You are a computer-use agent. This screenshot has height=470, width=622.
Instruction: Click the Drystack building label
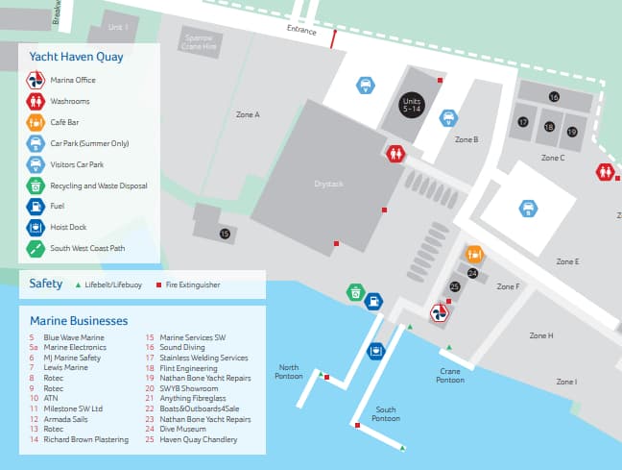point(328,183)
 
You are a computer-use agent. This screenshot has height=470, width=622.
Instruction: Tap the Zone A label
point(248,114)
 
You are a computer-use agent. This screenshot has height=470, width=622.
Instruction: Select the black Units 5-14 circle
point(412,106)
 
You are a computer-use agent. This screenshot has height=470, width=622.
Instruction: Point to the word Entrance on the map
point(301,31)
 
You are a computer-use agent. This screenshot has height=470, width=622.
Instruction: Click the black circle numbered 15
point(225,234)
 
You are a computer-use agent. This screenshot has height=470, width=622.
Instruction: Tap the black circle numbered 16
point(554,97)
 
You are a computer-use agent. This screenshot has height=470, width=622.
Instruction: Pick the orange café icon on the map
point(473,254)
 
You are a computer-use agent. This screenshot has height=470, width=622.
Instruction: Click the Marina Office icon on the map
point(437,313)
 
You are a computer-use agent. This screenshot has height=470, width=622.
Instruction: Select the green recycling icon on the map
point(355,291)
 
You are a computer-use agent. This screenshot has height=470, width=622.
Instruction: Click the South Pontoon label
point(386,414)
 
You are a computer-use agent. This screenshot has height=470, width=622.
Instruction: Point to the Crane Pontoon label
point(450,375)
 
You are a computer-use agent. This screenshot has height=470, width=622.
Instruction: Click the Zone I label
point(566,382)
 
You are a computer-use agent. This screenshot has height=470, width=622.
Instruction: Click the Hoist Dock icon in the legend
point(35,228)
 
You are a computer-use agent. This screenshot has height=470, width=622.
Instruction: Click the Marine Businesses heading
point(79,320)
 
